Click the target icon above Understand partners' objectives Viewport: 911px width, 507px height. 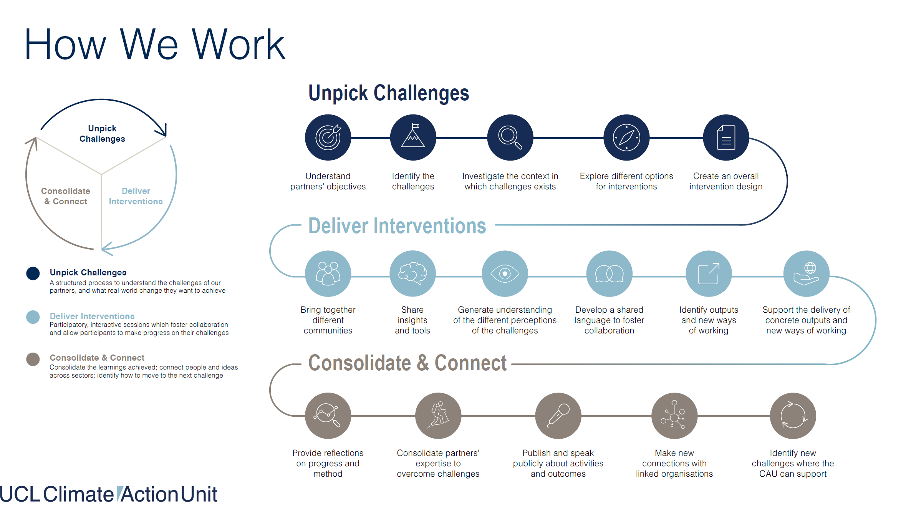(328, 138)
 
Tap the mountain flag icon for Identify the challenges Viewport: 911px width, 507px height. (413, 138)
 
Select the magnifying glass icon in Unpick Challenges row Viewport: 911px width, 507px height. (510, 138)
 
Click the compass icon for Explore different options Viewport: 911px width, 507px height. (626, 138)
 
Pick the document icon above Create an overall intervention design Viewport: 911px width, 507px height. (726, 138)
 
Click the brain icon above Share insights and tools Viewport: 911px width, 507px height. (412, 273)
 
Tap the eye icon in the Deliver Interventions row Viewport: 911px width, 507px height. (505, 273)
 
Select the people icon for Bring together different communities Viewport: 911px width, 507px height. (328, 273)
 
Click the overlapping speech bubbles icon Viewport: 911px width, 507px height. (609, 273)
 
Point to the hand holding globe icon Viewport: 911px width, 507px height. (806, 273)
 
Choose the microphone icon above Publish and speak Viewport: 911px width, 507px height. (558, 416)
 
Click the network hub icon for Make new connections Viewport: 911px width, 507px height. (674, 416)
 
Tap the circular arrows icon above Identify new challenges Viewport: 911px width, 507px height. (793, 416)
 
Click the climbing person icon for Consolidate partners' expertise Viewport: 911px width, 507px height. (438, 416)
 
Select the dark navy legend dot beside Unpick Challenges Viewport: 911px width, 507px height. (33, 273)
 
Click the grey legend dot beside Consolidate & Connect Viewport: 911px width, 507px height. (33, 360)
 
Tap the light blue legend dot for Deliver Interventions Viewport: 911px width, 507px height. (33, 317)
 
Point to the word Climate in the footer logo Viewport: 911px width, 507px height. (78, 494)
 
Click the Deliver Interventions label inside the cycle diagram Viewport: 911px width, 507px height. (136, 196)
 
